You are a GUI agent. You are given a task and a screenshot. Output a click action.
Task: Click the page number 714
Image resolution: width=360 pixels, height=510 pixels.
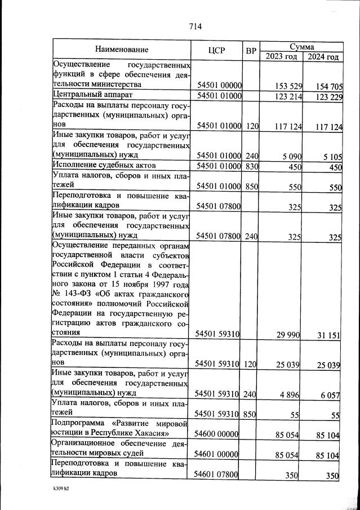click(195, 26)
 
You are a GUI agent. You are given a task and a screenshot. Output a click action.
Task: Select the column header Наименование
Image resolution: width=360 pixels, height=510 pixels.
click(122, 50)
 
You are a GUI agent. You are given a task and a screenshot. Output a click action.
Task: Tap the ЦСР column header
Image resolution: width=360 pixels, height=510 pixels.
click(216, 51)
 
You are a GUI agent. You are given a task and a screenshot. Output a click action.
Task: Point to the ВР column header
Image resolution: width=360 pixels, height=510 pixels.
click(251, 51)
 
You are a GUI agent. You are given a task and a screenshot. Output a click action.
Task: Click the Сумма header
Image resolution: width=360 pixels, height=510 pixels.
click(301, 46)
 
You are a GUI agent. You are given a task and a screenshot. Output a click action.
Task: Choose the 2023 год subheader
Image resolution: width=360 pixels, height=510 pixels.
click(281, 57)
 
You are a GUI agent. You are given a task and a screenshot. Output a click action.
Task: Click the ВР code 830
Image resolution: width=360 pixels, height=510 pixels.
click(251, 166)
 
